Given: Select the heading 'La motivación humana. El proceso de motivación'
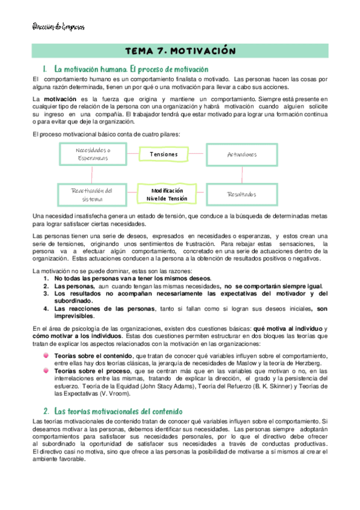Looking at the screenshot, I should [131, 69].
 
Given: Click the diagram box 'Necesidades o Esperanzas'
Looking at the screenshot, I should [93, 154].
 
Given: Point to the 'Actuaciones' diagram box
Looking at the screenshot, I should [242, 155].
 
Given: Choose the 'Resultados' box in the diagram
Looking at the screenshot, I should [242, 194].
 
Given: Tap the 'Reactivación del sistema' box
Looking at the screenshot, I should [93, 194].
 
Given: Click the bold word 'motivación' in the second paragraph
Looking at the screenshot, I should [59, 98].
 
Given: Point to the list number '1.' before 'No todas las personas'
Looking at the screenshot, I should [47, 278].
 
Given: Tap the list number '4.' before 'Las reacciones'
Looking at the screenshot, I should [47, 309].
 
